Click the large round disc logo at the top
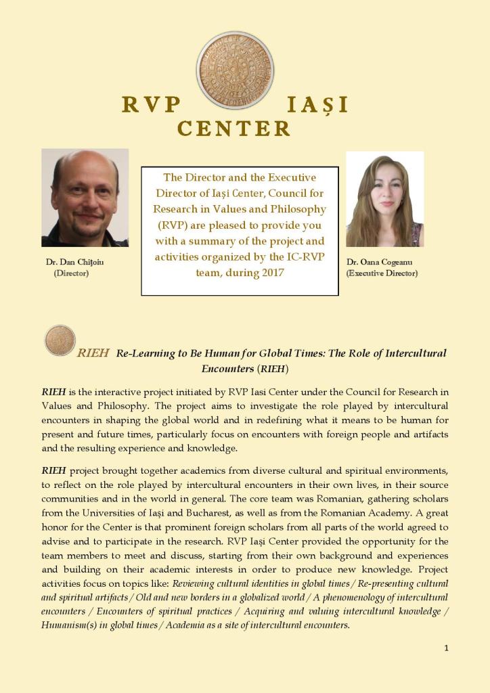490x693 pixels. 235,71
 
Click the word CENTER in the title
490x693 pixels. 234,129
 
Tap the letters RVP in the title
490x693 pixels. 152,105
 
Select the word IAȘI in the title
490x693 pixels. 317,105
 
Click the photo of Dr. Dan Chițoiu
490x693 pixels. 85,198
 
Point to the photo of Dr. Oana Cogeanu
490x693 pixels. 384,199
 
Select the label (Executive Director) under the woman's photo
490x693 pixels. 382,273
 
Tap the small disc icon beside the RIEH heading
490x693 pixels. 60,340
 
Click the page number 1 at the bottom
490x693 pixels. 446,648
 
